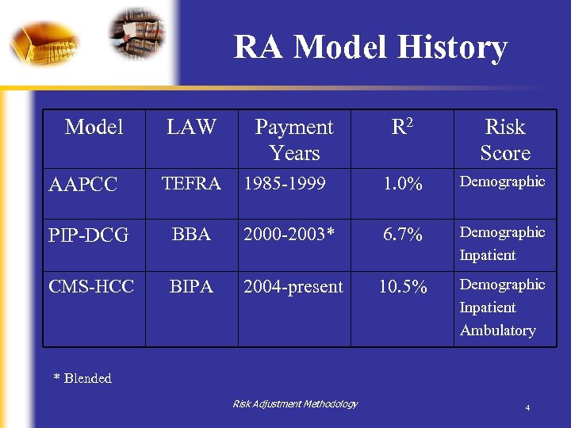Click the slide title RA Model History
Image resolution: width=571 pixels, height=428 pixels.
tap(370, 48)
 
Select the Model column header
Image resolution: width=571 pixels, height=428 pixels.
tap(94, 127)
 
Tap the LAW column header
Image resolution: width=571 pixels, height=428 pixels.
tap(191, 127)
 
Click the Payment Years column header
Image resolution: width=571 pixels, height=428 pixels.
tap(294, 139)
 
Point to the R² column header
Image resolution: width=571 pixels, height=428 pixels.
tap(402, 128)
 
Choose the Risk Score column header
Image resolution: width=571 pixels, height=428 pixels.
tap(504, 139)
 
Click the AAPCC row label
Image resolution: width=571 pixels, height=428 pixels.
tap(82, 185)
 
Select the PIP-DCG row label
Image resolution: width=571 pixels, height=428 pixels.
tap(88, 235)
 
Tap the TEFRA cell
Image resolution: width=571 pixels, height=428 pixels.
tap(191, 184)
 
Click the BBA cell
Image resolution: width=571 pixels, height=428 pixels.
tap(191, 235)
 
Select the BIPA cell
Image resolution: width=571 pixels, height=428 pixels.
tap(191, 286)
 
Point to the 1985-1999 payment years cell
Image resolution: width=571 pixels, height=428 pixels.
tap(285, 184)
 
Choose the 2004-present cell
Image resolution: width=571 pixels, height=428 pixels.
tap(293, 286)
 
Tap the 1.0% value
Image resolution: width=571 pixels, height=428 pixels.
tap(402, 184)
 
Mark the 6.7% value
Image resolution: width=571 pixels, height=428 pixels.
tap(402, 235)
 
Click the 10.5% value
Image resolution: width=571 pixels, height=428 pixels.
tap(402, 286)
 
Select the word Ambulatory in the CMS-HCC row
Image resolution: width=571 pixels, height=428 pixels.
tap(497, 331)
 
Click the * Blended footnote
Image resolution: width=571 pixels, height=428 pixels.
tap(82, 378)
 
